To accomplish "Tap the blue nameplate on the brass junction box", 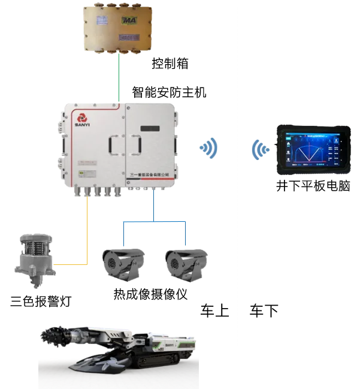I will (x=129, y=38).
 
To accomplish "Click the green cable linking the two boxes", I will (x=119, y=78).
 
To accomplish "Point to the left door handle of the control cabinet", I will (x=111, y=144).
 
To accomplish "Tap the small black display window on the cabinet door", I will (x=150, y=127).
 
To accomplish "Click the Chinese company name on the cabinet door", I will (x=149, y=173).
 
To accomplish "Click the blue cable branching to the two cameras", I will (x=155, y=222).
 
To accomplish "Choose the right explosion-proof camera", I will (x=185, y=261).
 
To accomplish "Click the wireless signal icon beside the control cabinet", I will (x=210, y=147).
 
